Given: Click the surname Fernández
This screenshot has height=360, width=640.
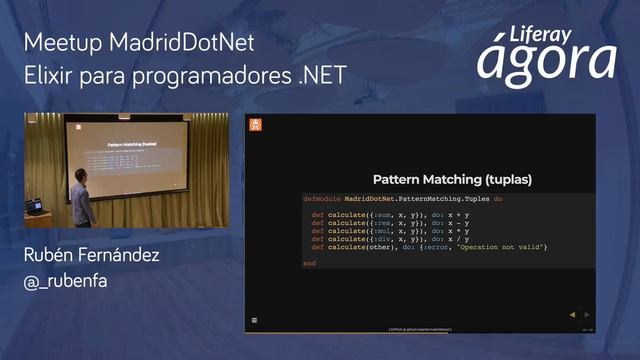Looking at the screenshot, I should (x=118, y=256).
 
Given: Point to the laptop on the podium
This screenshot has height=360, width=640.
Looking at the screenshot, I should (x=36, y=206).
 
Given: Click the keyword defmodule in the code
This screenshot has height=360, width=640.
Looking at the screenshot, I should (x=322, y=199).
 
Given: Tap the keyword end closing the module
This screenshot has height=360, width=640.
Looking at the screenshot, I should (x=309, y=263).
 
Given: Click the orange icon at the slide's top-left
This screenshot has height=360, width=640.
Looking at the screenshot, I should (x=255, y=125).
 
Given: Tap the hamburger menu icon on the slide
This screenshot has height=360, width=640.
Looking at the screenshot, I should (x=254, y=320).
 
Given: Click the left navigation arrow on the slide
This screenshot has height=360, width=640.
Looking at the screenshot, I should (x=572, y=314).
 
